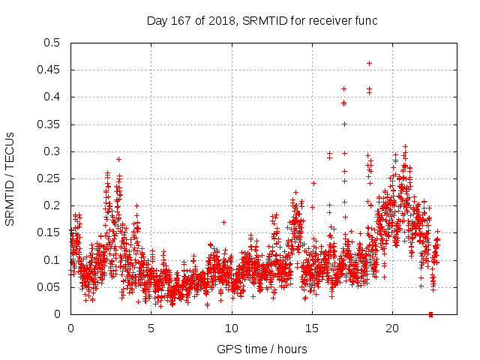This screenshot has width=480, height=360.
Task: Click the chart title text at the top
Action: click(260, 20)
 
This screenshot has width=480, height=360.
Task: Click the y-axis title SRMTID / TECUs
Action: click(10, 178)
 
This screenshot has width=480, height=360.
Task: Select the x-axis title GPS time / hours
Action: click(262, 349)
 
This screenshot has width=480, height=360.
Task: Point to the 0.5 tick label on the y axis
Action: click(52, 43)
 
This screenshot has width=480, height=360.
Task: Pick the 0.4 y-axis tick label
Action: click(52, 97)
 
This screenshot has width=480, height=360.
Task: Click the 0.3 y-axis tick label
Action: click(52, 151)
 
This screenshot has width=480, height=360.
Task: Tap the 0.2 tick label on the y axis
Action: click(52, 205)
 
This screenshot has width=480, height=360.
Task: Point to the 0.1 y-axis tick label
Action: click(52, 260)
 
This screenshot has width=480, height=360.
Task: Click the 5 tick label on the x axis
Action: click(151, 328)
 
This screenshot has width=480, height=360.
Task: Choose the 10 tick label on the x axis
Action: click(232, 328)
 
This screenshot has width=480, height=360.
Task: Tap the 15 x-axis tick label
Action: click(312, 328)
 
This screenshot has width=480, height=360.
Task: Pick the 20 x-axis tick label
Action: click(392, 328)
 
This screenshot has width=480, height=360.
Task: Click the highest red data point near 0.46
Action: click(369, 63)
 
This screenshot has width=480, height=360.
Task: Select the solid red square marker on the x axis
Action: click(430, 314)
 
